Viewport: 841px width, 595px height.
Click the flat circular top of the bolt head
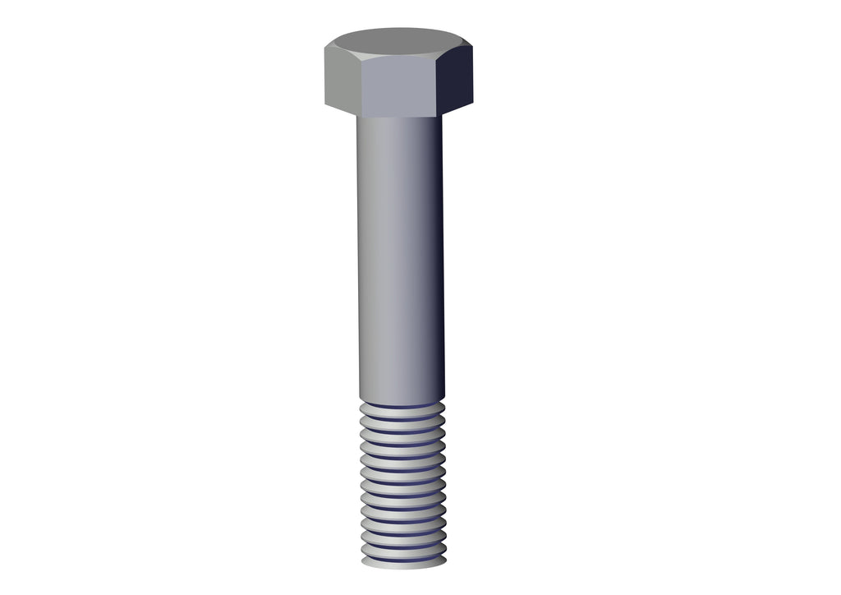(398, 41)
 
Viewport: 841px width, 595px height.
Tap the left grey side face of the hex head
(341, 81)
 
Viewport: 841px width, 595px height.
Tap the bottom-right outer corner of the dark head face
(473, 103)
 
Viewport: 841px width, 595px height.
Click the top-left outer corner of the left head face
(325, 47)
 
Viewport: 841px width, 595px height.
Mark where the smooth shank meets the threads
(402, 402)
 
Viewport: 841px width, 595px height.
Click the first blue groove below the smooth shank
(402, 407)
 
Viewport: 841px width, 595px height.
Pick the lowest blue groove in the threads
(403, 556)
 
